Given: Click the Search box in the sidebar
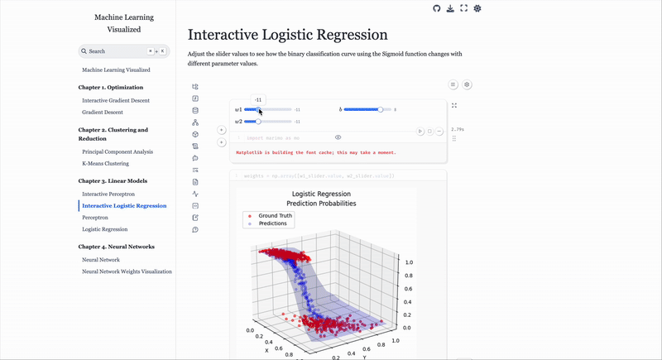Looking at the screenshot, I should coord(123,51).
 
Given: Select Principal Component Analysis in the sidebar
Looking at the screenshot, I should coord(118,152).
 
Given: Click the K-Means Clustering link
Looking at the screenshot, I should coord(105,164).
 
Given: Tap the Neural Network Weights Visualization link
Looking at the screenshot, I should coord(127,271).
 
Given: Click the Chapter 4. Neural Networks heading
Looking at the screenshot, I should coord(117,247).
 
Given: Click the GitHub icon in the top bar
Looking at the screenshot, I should coord(437,8).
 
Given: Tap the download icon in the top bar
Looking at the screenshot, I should coord(450,8).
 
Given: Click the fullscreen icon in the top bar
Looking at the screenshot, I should coord(463,8).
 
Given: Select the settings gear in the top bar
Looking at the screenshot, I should coord(477,8).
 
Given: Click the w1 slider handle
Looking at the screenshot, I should coord(259,109).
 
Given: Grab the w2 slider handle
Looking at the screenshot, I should coord(258,122).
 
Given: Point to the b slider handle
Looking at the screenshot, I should coord(380,109).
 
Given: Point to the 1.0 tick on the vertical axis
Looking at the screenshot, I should coord(408,262).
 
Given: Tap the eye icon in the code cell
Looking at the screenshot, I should coord(338,137).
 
